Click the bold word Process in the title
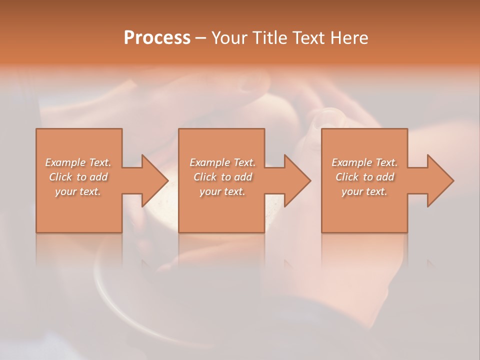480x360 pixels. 157,38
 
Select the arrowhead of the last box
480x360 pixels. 439,180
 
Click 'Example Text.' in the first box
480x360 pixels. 78,162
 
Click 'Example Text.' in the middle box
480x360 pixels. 222,162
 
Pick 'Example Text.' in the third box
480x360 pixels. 364,162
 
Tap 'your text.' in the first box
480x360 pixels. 78,191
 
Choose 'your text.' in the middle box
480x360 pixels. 222,191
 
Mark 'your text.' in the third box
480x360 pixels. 364,191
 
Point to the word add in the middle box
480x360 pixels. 242,177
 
